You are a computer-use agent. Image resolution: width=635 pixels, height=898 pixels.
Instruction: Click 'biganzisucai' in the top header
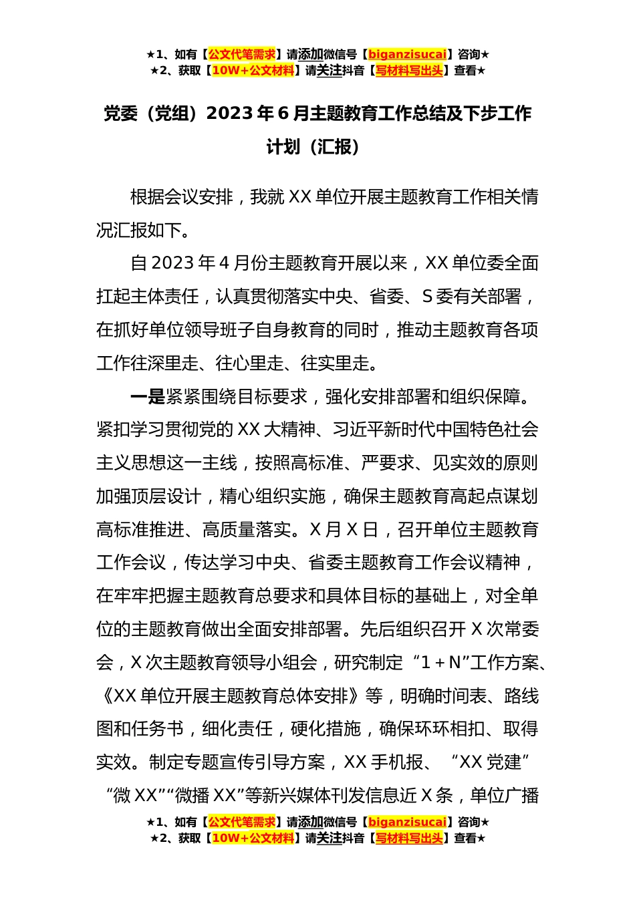[x=407, y=54]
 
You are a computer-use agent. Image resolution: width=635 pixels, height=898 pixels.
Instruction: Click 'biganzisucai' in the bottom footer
[x=407, y=822]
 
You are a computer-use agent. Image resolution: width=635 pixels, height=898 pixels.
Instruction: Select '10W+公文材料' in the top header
[x=253, y=70]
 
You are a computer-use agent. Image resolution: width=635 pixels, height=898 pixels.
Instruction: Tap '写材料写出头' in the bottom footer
[x=409, y=838]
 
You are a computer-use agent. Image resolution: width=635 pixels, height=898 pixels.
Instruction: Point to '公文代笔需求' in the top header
[x=242, y=54]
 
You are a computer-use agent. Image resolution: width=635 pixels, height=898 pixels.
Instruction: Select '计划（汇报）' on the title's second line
[x=317, y=146]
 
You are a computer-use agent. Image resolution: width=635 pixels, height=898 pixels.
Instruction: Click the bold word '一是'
[x=147, y=396]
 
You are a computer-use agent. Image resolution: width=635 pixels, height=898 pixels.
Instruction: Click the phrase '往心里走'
[x=249, y=363]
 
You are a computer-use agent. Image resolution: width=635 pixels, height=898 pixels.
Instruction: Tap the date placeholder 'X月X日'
[x=344, y=529]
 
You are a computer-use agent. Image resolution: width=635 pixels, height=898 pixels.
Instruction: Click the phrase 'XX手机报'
[x=384, y=762]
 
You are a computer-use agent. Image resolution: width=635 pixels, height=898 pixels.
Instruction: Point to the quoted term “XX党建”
[x=491, y=762]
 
